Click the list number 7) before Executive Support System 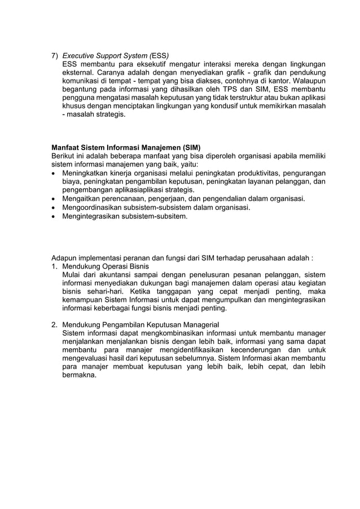(x=55, y=56)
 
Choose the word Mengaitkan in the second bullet (x=83, y=199)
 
